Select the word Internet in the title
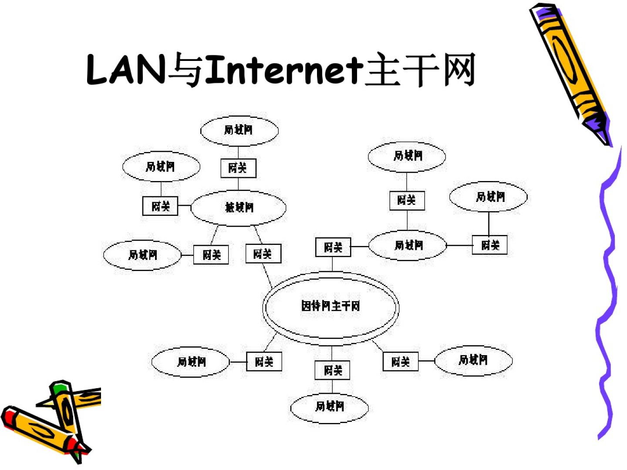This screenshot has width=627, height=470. pos(284,70)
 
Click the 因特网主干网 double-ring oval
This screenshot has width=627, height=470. pos(330,306)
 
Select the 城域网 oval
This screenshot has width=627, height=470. pos(239,208)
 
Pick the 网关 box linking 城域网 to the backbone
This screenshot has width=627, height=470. pos(263,254)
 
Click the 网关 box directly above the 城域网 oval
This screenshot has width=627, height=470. pos(238,168)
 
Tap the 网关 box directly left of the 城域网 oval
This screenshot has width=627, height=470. pos(160,206)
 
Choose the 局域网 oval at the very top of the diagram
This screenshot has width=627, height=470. pos(239,130)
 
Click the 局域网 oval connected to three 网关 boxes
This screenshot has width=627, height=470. pos(408,245)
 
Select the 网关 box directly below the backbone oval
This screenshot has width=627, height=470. pos(332,370)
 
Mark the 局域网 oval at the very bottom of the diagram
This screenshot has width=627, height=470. pos(330,407)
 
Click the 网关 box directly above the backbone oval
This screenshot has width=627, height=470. pos(333,247)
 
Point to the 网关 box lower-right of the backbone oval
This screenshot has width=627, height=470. pos(400,362)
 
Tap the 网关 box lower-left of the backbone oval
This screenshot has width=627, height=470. pos(264,362)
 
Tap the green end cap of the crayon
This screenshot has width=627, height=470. pos(59,388)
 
